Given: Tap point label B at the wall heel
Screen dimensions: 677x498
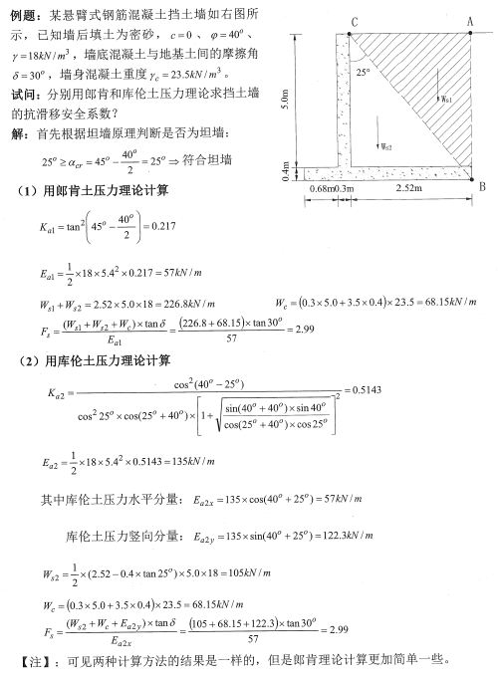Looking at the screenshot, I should [x=482, y=186].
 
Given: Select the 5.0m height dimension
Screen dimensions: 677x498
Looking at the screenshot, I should [x=286, y=100].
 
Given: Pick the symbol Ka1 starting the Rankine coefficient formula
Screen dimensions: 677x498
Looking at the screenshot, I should [x=44, y=227].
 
